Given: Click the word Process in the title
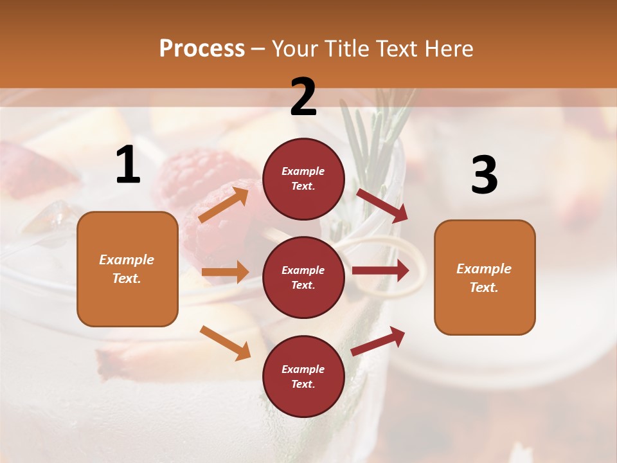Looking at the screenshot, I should point(202,48).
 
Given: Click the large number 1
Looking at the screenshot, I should point(128,166).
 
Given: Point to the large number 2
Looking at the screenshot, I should point(303,98).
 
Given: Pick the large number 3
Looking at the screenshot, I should point(484,176).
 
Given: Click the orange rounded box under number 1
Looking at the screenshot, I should point(127,269).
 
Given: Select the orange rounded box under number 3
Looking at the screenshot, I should point(485,277).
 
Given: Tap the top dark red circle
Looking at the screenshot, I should point(303,178).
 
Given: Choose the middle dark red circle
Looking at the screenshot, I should point(303,277).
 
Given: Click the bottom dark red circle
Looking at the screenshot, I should point(303,376).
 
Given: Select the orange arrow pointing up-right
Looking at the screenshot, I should point(224,204).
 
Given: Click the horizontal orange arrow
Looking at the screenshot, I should point(225,272).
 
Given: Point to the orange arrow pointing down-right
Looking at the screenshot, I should point(226,343).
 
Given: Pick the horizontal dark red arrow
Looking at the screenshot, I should point(380,270).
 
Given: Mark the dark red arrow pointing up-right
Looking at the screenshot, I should point(378,341).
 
